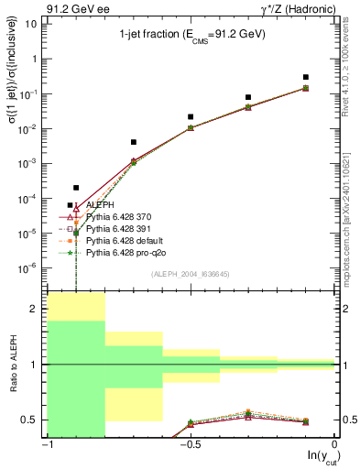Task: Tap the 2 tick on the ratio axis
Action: click(35, 310)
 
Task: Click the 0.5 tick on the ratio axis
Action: click(32, 420)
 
